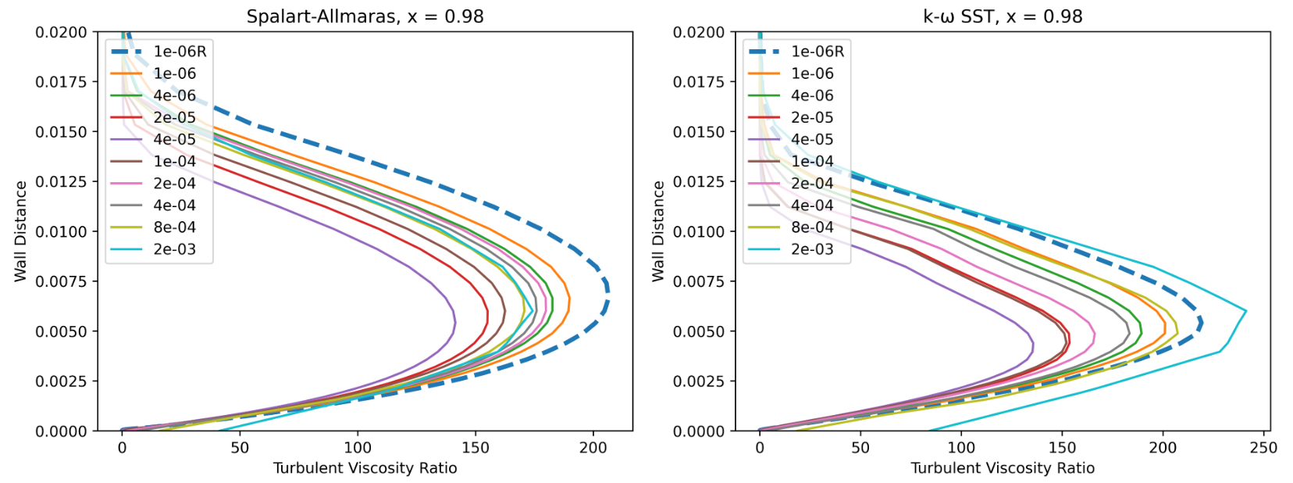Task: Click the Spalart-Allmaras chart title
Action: point(365,16)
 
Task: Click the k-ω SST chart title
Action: point(1003,16)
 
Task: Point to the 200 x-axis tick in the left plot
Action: point(593,448)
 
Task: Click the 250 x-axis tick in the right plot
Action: point(1263,448)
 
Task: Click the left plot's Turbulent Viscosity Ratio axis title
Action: point(365,468)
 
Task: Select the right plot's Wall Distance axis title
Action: point(658,231)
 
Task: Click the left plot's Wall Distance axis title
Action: point(20,231)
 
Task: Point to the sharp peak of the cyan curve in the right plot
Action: point(1246,311)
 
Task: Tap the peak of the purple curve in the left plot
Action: point(455,320)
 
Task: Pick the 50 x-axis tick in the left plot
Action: point(240,448)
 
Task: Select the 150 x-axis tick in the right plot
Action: point(1062,448)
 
